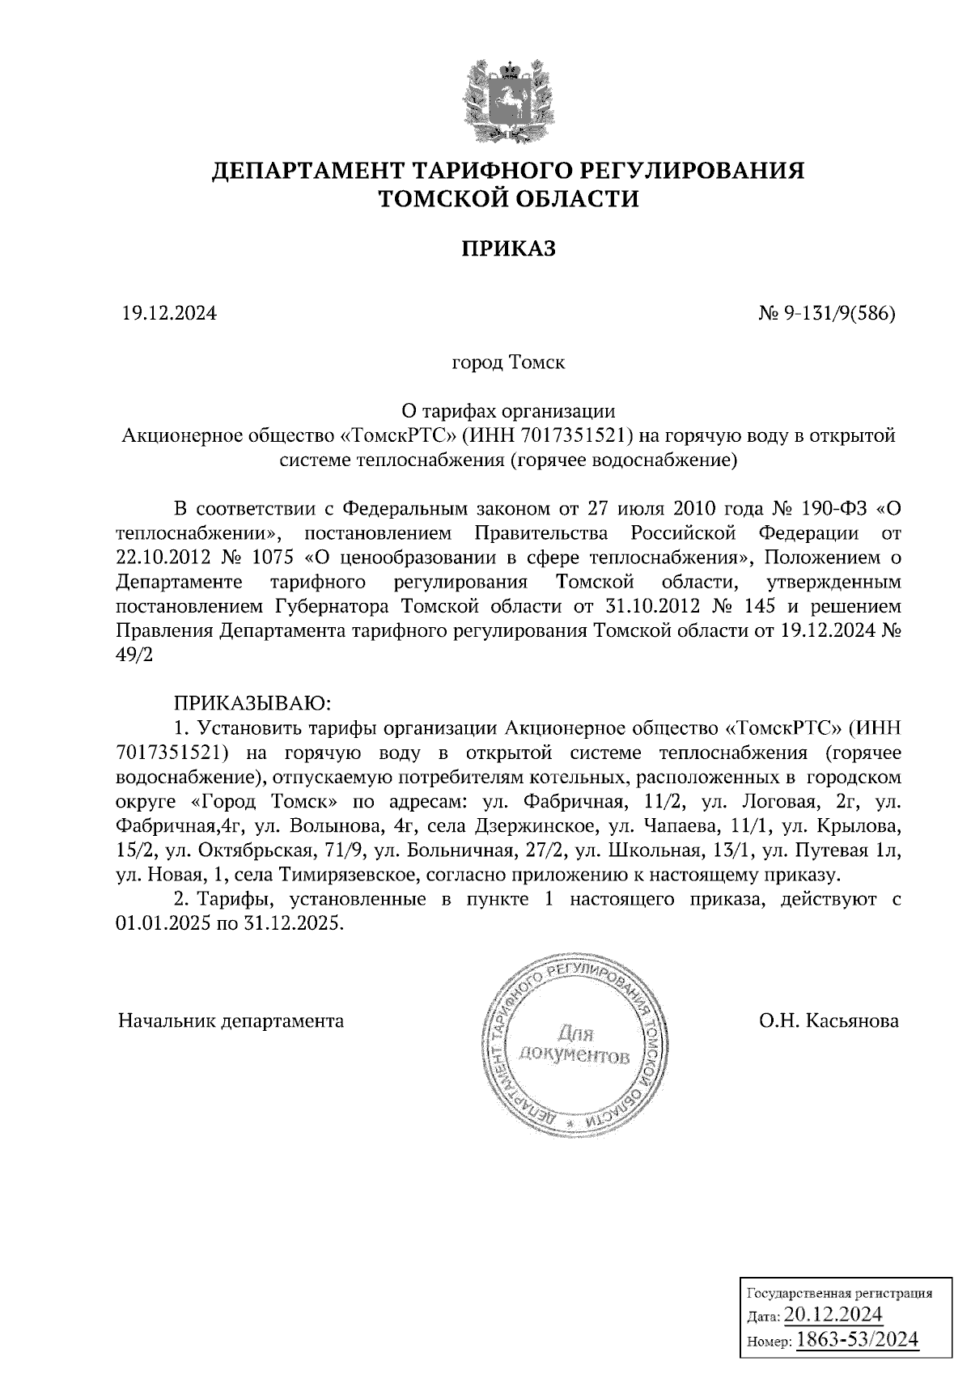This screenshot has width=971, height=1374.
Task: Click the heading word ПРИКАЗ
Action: (509, 248)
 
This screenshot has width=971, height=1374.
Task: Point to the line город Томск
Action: (508, 362)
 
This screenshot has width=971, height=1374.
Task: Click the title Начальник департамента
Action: (231, 1020)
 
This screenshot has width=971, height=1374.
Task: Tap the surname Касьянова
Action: (850, 1020)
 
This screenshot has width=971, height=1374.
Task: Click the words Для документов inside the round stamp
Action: (575, 1045)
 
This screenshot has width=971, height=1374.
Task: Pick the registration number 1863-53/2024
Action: (858, 1339)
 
